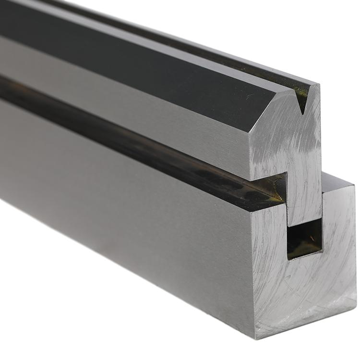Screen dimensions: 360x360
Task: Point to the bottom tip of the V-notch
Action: pos(302,113)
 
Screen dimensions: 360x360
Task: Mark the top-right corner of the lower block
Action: pos(354,184)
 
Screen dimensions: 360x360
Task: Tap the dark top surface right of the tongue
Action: pos(336,180)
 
